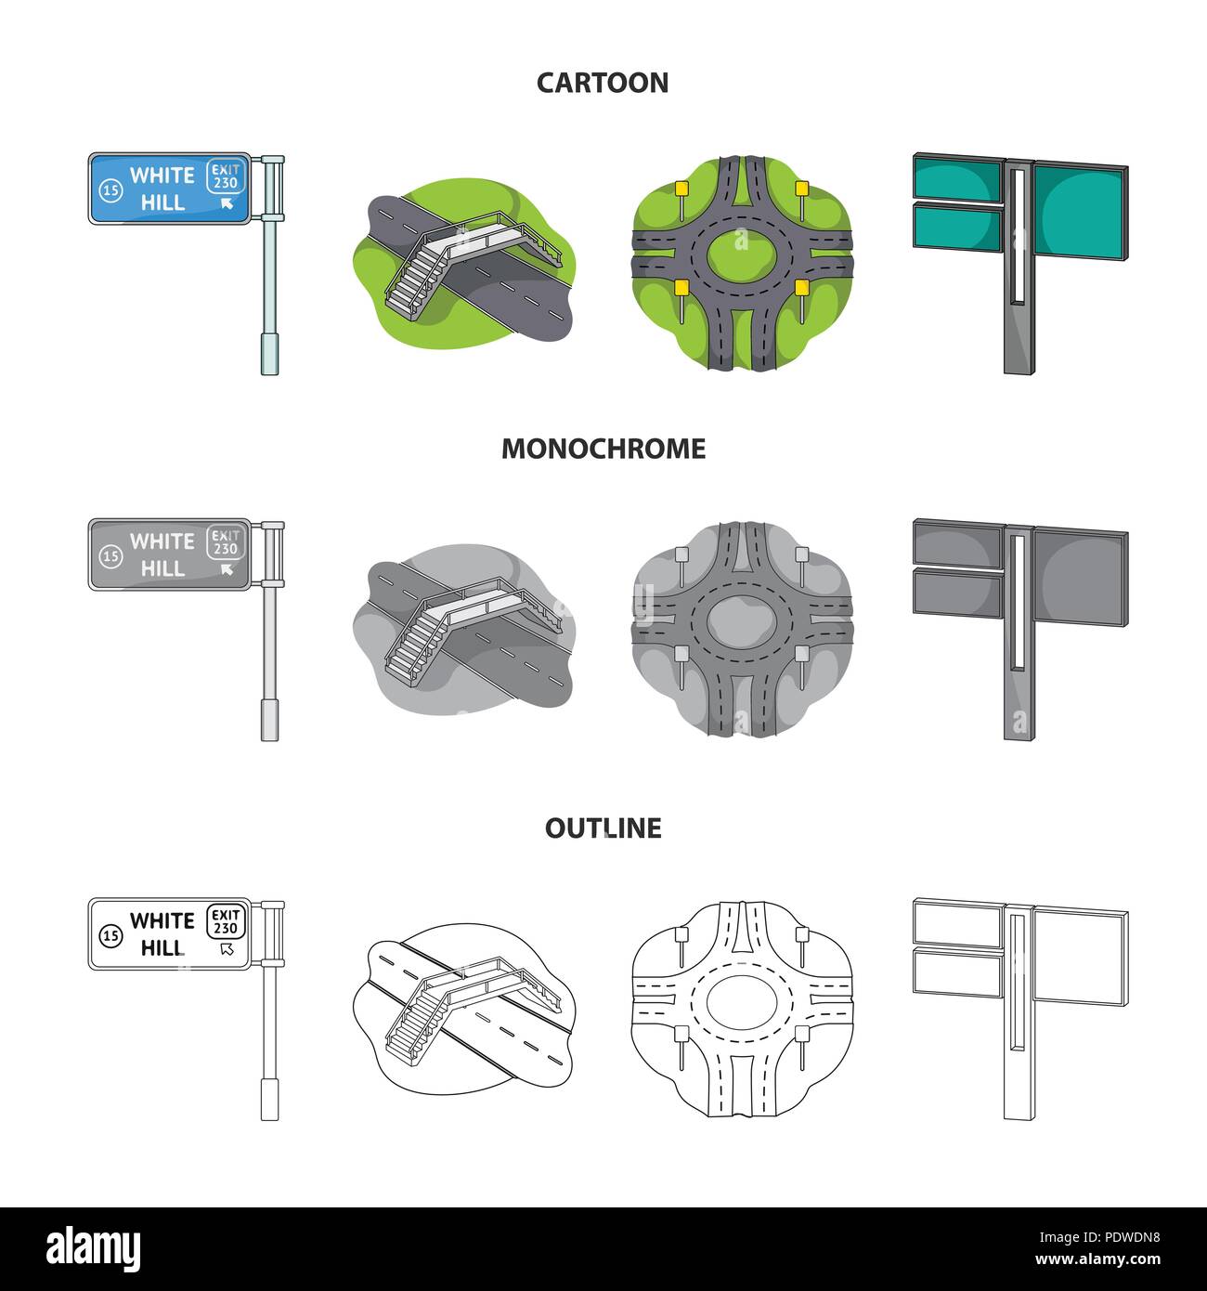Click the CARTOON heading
coord(603,83)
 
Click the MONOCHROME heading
coord(603,449)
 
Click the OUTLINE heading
coord(603,828)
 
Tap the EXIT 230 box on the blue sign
coord(226,176)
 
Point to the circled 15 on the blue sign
coord(110,189)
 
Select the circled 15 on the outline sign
coord(110,934)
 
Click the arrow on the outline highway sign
coord(227,949)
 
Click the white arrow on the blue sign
coord(227,203)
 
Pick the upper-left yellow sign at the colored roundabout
coord(681,189)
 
